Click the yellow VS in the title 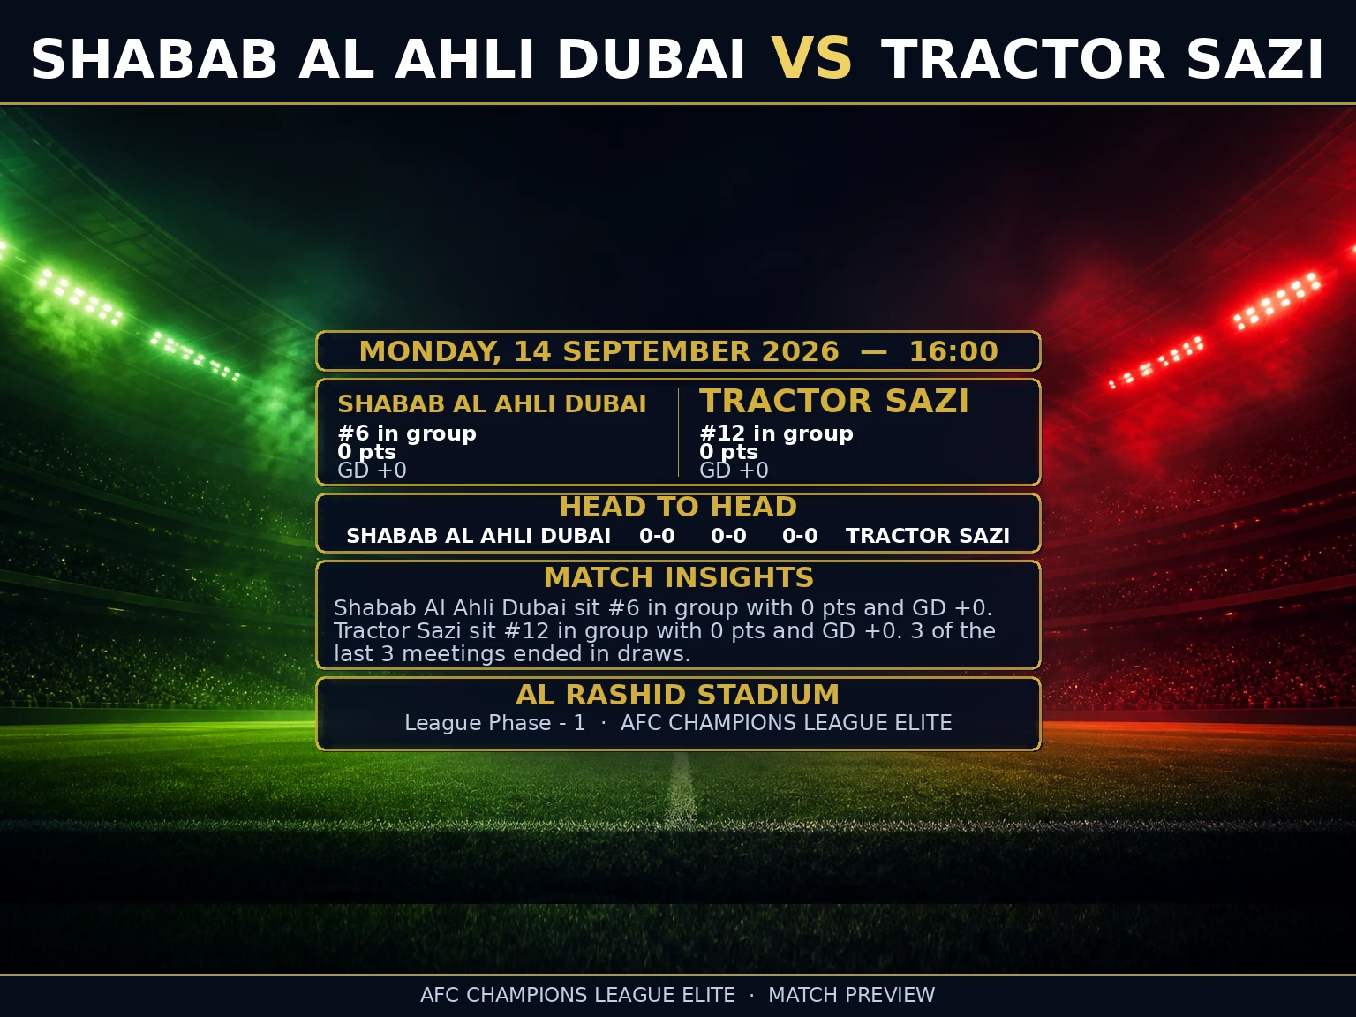pyautogui.click(x=812, y=58)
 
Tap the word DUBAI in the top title pyautogui.click(x=652, y=58)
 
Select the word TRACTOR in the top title pyautogui.click(x=1022, y=58)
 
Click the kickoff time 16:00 pyautogui.click(x=953, y=351)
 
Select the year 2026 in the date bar pyautogui.click(x=800, y=351)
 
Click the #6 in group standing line pyautogui.click(x=407, y=433)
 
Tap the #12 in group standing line pyautogui.click(x=777, y=433)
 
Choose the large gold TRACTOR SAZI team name pyautogui.click(x=834, y=401)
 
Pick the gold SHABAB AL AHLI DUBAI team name pyautogui.click(x=492, y=403)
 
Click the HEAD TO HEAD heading pyautogui.click(x=678, y=507)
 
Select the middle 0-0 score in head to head pyautogui.click(x=728, y=535)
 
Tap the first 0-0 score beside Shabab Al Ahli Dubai pyautogui.click(x=657, y=535)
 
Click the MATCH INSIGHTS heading pyautogui.click(x=678, y=577)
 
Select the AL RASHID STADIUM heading pyautogui.click(x=678, y=695)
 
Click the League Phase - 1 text pyautogui.click(x=495, y=722)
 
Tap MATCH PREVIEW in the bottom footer pyautogui.click(x=851, y=995)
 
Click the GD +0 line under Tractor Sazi pyautogui.click(x=734, y=471)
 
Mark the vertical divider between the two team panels pyautogui.click(x=678, y=433)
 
